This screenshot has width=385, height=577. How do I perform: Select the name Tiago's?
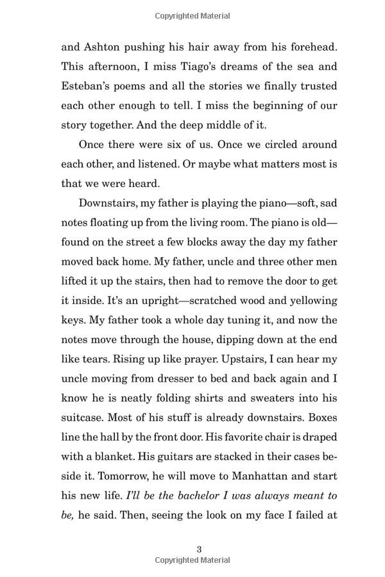[x=197, y=66]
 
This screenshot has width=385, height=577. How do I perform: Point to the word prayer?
[x=178, y=359]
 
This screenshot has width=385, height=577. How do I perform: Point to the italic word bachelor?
[x=190, y=495]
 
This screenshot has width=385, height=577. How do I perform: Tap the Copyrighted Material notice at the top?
[x=193, y=16]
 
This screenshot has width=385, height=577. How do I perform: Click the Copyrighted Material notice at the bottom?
[x=193, y=560]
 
